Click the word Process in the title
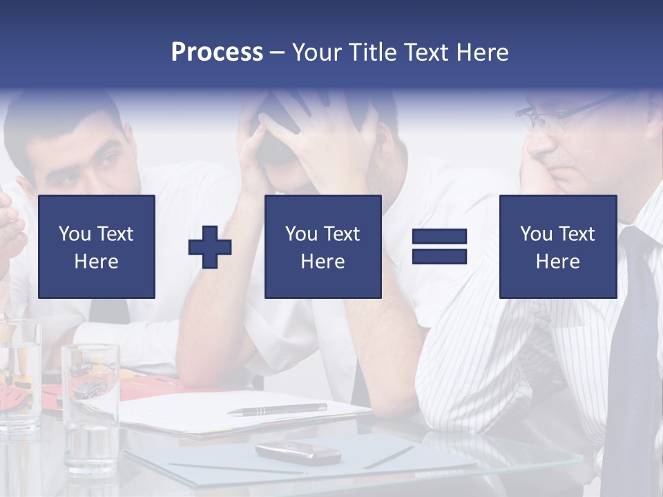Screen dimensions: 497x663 click(x=217, y=52)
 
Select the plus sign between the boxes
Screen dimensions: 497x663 click(x=210, y=247)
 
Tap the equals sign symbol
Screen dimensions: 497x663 click(x=439, y=246)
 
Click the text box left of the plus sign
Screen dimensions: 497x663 click(x=97, y=246)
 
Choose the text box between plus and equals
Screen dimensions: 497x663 click(x=323, y=246)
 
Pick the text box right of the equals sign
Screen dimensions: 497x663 click(x=557, y=246)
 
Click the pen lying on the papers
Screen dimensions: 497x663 click(x=277, y=409)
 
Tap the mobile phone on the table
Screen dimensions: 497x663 click(x=298, y=452)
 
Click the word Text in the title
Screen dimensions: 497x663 click(x=423, y=52)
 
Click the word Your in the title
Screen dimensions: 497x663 click(x=317, y=52)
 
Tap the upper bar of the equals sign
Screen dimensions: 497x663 click(x=439, y=237)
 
